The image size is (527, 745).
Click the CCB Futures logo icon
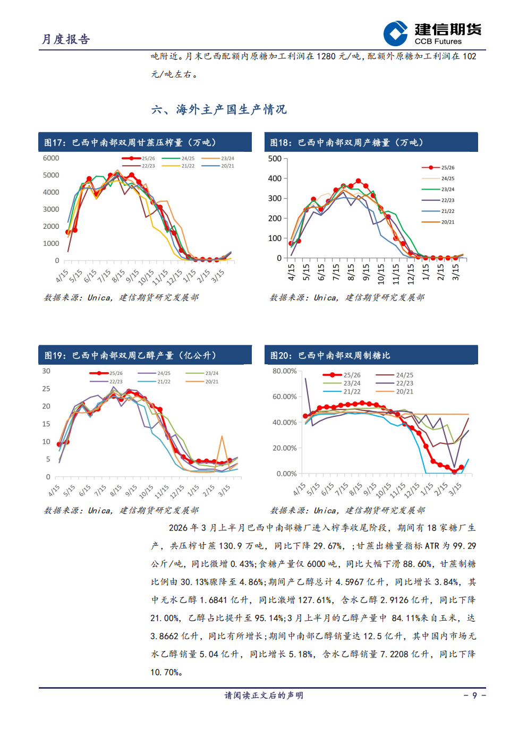395,33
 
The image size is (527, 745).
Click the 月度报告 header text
66,39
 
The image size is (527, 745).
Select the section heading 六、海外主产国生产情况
218,110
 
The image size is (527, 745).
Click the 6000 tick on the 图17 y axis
51,158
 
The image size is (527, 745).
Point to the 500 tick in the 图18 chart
275,159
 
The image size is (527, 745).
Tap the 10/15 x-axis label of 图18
381,273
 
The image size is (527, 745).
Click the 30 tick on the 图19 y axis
46,371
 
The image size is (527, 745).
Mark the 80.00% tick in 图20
284,371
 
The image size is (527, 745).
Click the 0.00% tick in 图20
286,474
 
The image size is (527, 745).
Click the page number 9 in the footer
474,696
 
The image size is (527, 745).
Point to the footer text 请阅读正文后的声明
263,696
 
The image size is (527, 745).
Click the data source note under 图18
347,298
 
